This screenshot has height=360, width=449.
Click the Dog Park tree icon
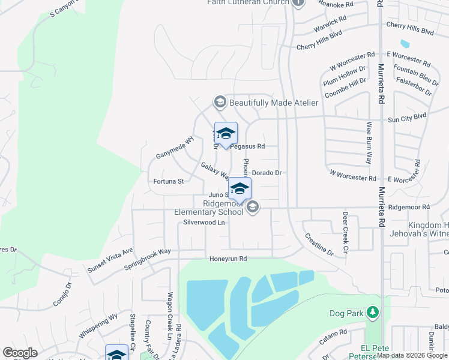372,313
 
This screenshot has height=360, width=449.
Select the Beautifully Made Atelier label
273,103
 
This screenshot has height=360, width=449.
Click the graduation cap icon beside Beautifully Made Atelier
220,103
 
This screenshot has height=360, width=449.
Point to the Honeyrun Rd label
228,259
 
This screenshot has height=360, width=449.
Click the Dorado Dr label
267,173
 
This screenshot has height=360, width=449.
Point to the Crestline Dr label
319,245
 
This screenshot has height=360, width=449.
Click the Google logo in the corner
20,353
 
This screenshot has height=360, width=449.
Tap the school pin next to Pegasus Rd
226,134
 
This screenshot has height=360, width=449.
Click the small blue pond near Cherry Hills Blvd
404,44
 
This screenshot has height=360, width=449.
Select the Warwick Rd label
330,25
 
